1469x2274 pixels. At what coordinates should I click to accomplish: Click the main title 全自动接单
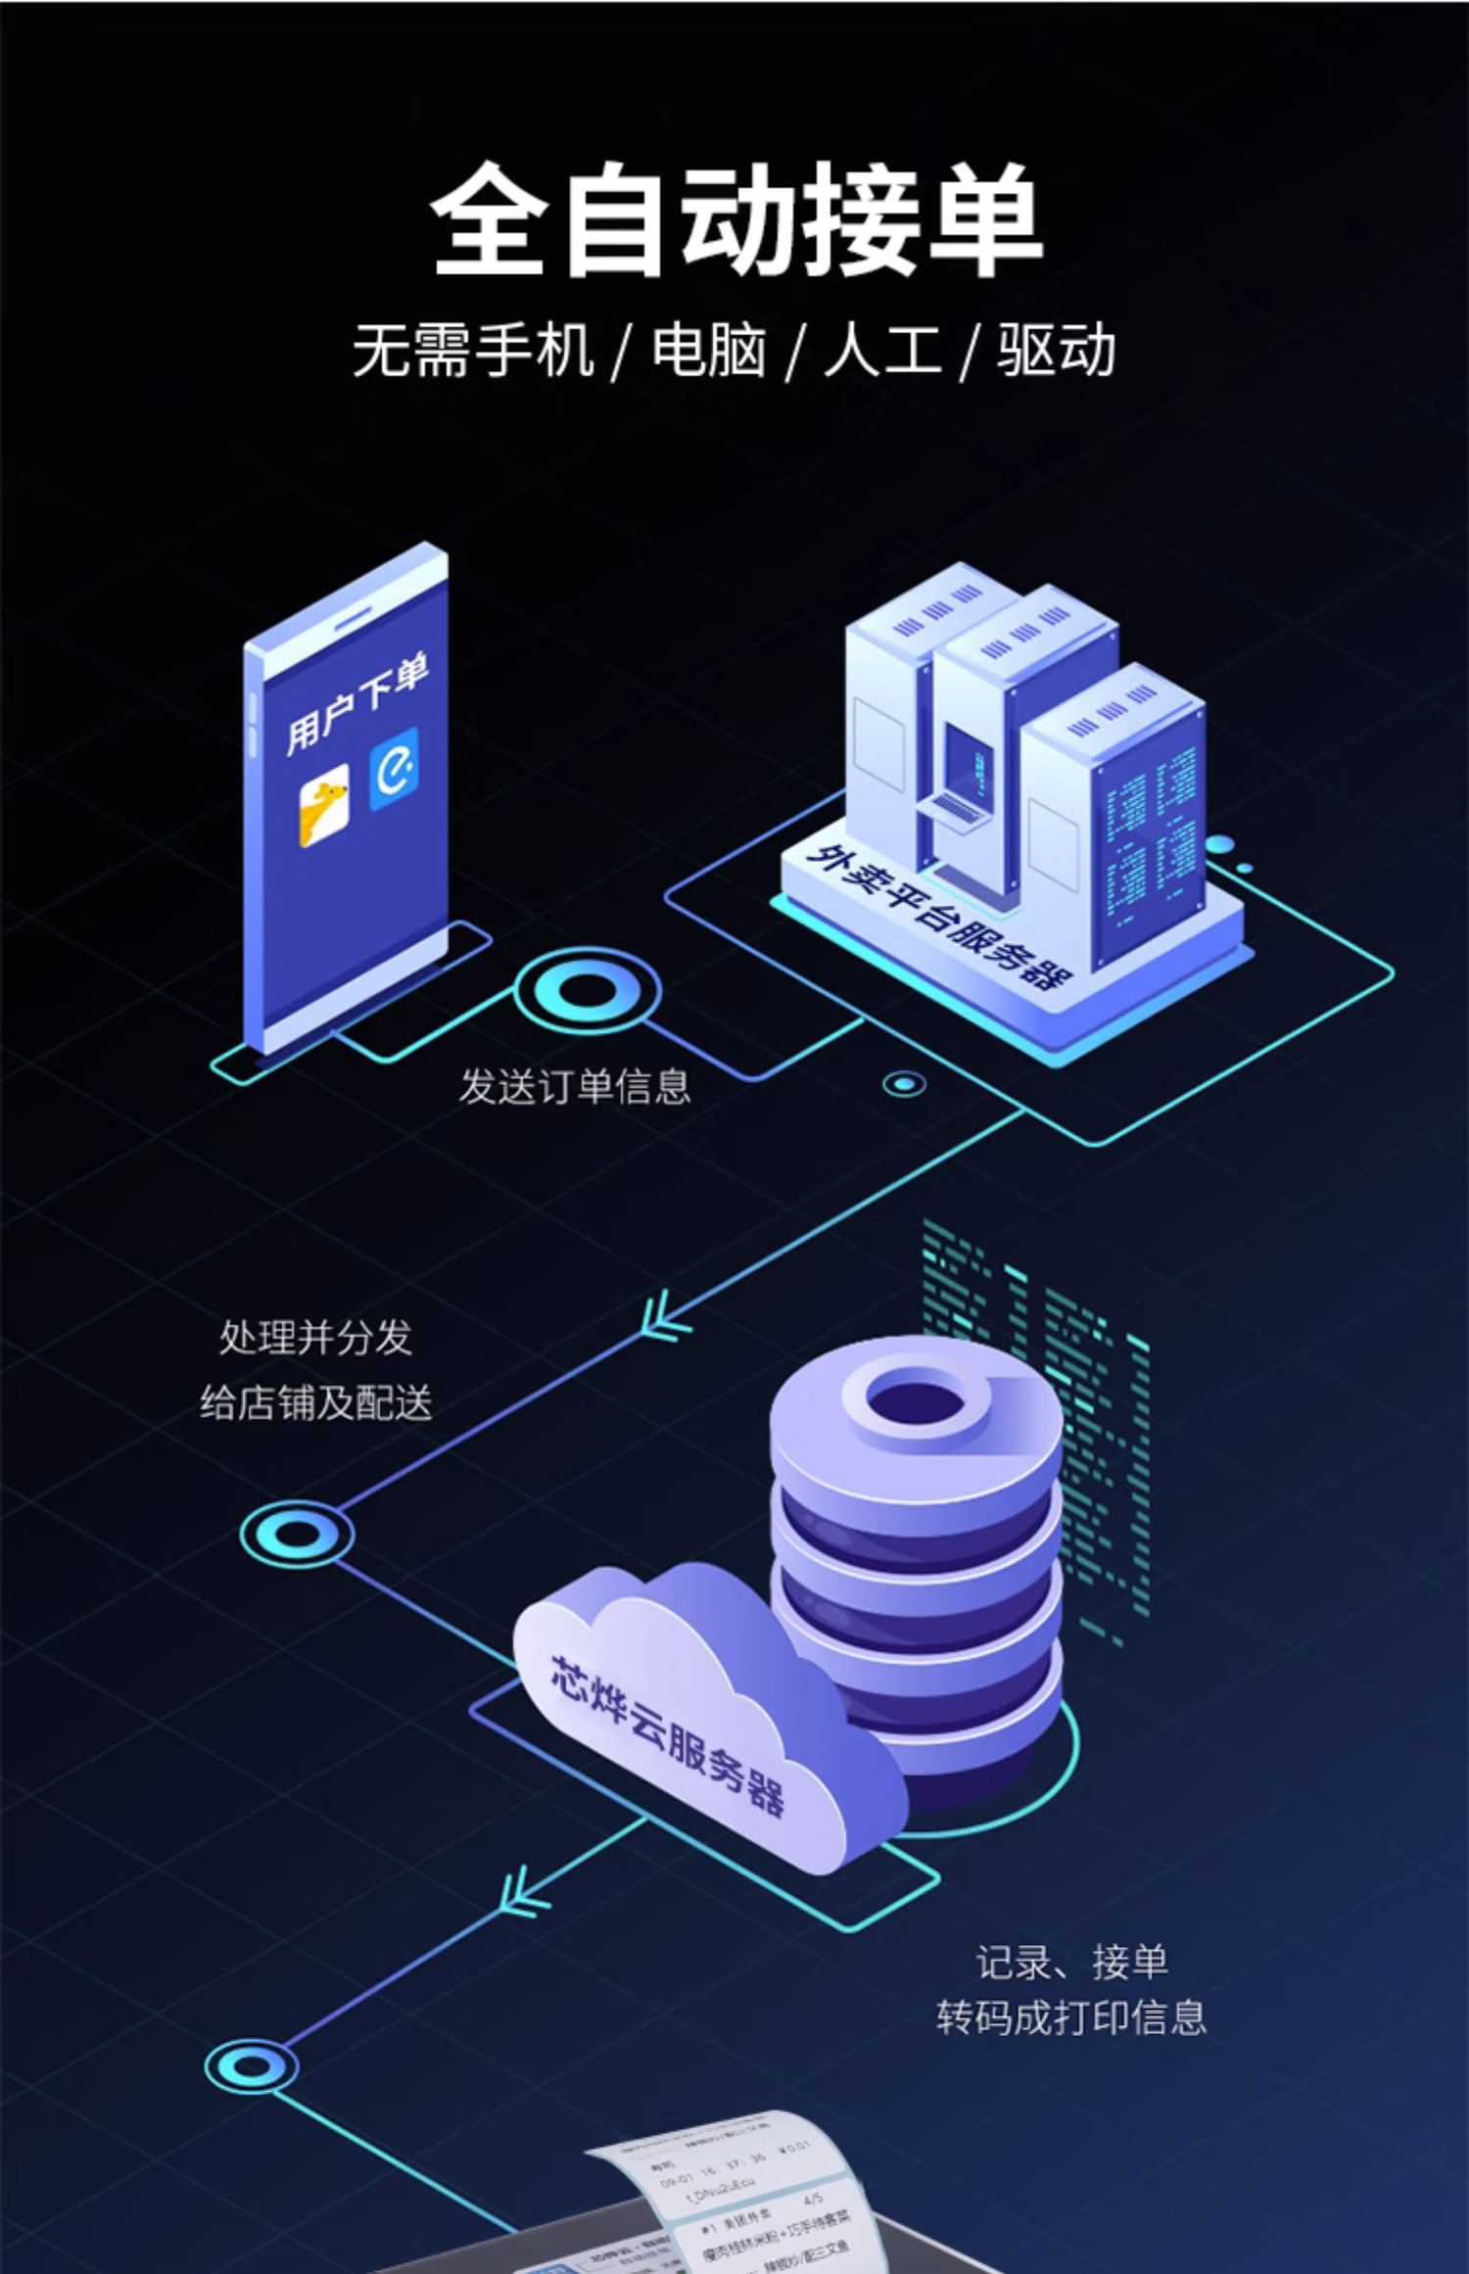coord(736,219)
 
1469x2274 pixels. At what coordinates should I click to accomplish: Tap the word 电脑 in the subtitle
coord(708,351)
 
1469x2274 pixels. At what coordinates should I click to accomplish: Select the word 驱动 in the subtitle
coord(1056,351)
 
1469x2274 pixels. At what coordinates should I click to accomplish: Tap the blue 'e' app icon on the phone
coord(394,770)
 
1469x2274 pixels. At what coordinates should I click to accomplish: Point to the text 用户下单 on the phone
coord(356,703)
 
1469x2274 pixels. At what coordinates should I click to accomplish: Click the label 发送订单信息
coord(575,1086)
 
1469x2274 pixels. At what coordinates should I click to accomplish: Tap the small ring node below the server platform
coord(904,1084)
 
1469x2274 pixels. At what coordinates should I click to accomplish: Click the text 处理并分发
coord(315,1338)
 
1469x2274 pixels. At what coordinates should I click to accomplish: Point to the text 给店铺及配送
coord(315,1402)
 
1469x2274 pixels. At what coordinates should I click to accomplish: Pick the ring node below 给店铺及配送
coord(296,1534)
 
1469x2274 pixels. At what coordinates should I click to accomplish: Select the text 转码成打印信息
coord(1071,2017)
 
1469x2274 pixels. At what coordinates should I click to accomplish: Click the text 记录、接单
coord(1071,1962)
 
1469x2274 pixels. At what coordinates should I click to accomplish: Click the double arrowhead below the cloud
coord(524,1890)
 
